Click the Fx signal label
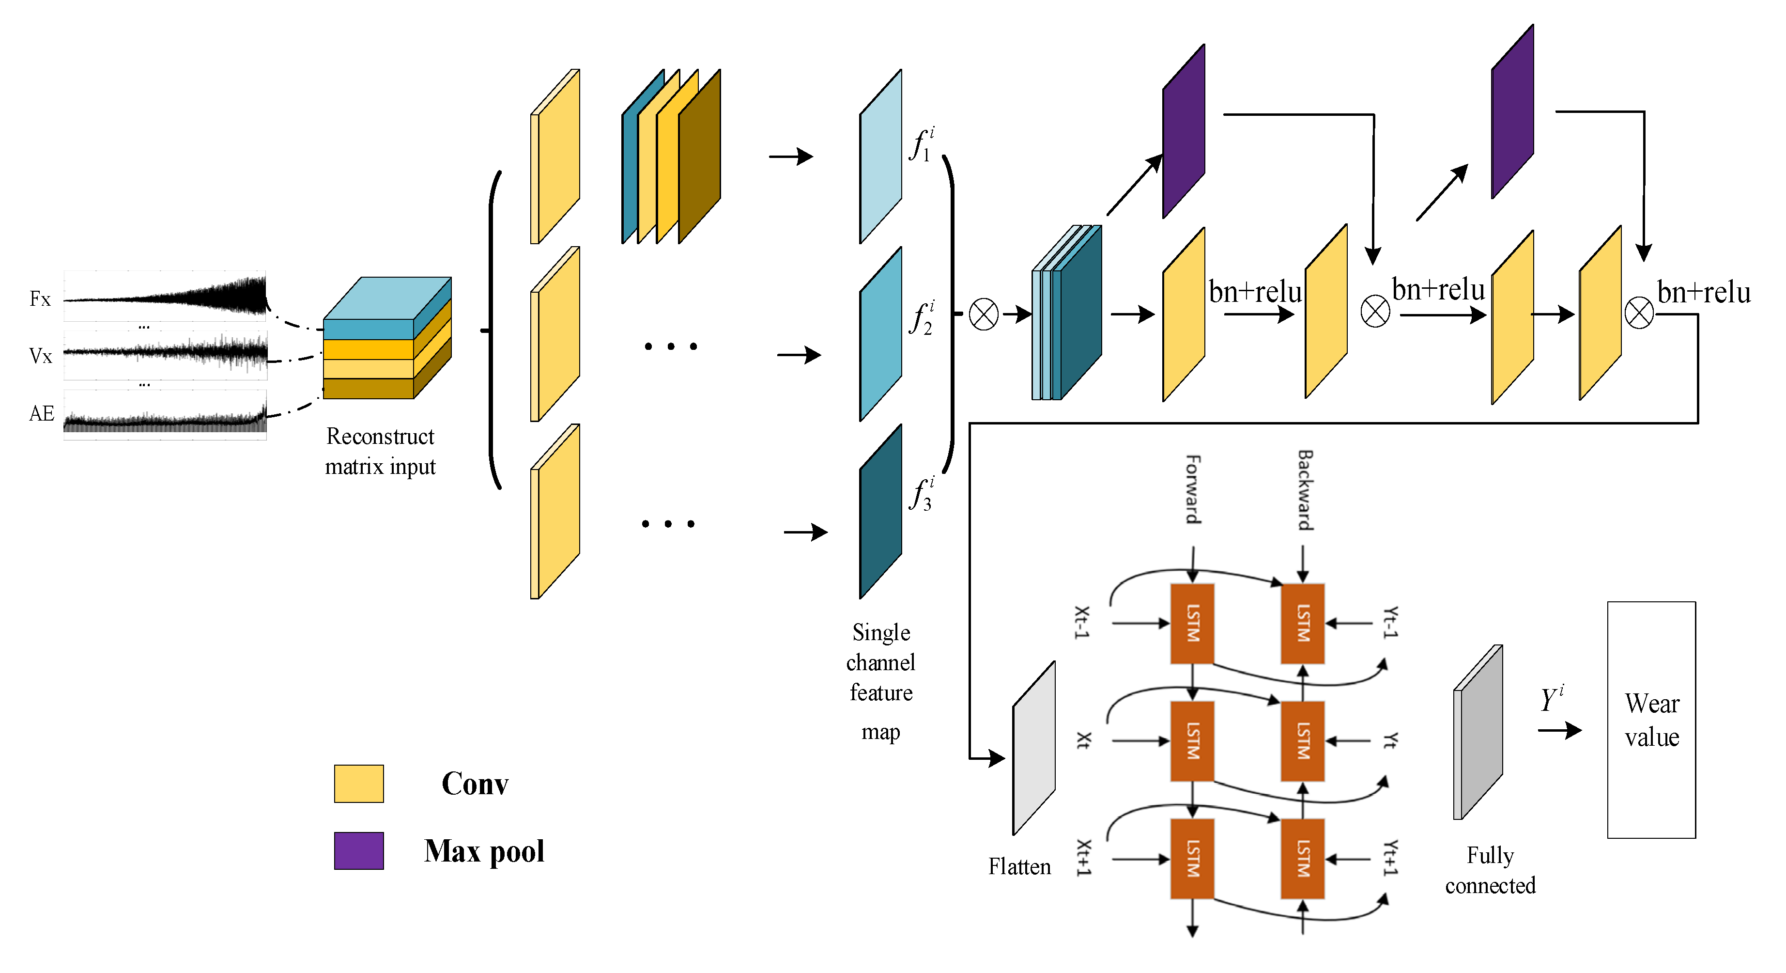pyautogui.click(x=40, y=299)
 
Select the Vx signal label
pyautogui.click(x=40, y=357)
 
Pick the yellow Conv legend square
pyautogui.click(x=358, y=784)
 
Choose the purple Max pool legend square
pyautogui.click(x=358, y=851)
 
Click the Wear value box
pyautogui.click(x=1651, y=720)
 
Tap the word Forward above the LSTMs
pyautogui.click(x=1192, y=489)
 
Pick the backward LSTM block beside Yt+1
pyautogui.click(x=1302, y=859)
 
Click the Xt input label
pyautogui.click(x=1083, y=741)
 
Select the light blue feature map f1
pyautogui.click(x=880, y=157)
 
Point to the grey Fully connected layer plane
pyautogui.click(x=1478, y=732)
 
